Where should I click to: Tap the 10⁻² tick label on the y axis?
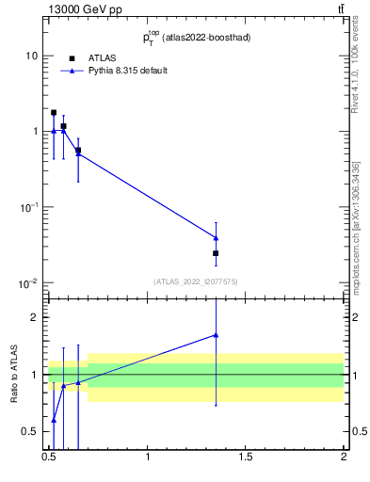(30, 282)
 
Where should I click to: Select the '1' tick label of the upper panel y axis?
(36, 132)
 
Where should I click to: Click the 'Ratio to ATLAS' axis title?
(15, 374)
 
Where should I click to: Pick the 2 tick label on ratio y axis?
(36, 317)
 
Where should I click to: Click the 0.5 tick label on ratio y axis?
(31, 432)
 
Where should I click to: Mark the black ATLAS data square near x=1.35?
(216, 253)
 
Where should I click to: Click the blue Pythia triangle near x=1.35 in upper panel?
(216, 237)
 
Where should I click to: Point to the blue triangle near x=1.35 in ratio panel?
(216, 334)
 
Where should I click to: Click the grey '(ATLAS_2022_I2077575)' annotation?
(196, 281)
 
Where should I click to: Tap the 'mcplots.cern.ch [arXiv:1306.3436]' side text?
(357, 226)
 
